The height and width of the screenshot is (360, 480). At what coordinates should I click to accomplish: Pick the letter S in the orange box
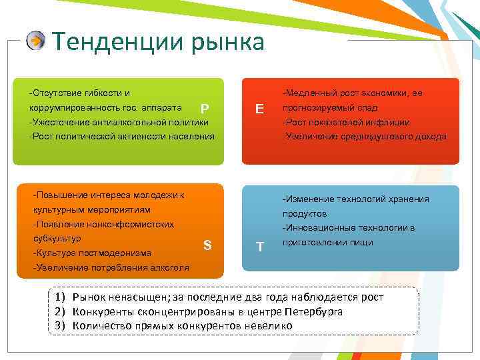pos(207,245)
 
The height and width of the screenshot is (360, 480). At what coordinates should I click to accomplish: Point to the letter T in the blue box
pos(260,247)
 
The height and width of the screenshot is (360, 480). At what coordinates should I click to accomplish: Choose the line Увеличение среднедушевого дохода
pos(364,137)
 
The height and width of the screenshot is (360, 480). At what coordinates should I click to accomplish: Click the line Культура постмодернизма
pos(91,253)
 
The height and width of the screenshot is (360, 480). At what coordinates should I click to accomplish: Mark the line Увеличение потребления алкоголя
pos(110,267)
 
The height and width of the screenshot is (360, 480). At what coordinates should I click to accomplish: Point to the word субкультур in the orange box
pos(57,238)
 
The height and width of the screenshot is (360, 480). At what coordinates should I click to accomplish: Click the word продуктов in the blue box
pos(305,213)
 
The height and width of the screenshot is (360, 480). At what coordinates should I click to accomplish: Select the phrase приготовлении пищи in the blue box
pos(327,243)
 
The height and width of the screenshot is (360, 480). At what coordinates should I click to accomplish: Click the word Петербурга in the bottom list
pos(314,311)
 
